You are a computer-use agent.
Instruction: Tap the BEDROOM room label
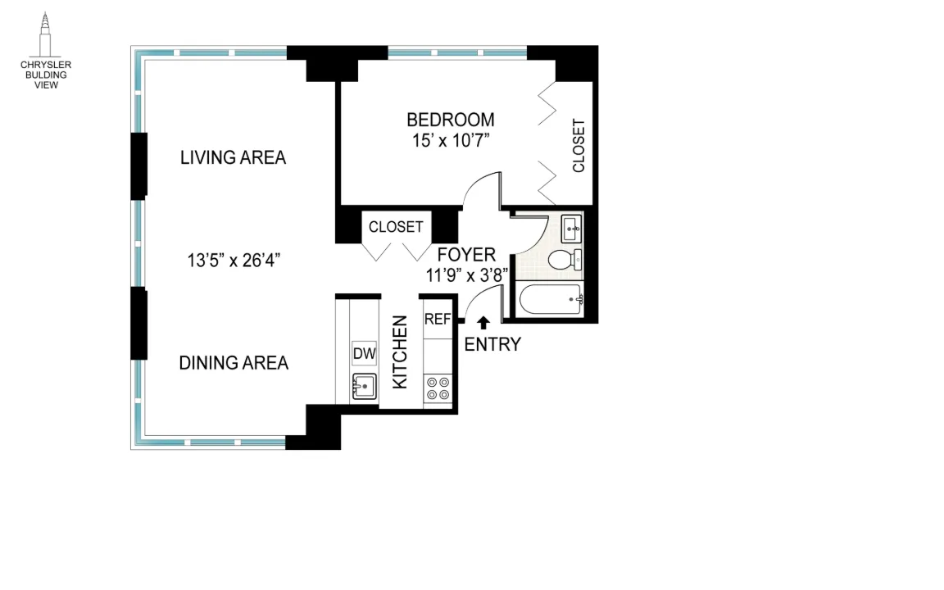click(x=450, y=120)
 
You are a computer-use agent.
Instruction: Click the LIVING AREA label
click(x=233, y=157)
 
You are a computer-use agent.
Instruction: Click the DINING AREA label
click(x=234, y=362)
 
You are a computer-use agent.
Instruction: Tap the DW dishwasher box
click(x=364, y=353)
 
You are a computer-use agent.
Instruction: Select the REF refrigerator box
click(x=438, y=320)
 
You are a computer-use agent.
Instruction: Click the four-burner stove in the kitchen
click(x=438, y=388)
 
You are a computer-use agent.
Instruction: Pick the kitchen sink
click(x=364, y=384)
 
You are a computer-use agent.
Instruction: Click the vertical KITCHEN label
click(x=400, y=352)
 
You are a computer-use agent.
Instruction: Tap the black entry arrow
click(x=483, y=323)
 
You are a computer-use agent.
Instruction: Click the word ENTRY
click(x=492, y=344)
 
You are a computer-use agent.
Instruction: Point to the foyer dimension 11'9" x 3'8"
click(x=467, y=275)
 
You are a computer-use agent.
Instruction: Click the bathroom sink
click(x=572, y=225)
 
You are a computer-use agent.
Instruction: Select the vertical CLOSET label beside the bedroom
click(x=579, y=146)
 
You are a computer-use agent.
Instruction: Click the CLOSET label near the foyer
click(x=396, y=227)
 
